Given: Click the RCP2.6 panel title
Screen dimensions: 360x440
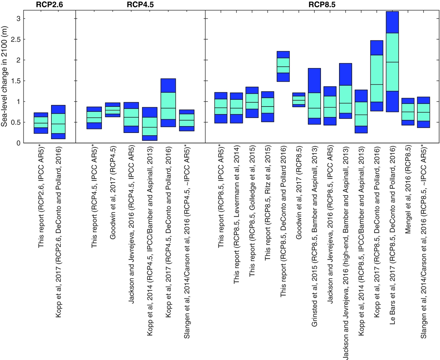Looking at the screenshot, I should click(50, 5).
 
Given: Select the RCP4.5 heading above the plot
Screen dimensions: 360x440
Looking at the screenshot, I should click(140, 5).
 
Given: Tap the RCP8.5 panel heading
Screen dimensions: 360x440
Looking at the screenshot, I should click(322, 5).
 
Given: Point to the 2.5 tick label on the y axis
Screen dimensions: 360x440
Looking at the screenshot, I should click(16, 39).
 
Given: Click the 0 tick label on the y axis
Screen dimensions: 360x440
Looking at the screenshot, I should click(19, 143).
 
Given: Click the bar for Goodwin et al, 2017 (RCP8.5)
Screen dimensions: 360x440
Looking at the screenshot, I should click(299, 100).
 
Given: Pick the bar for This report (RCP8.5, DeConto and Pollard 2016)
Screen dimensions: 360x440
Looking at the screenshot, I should click(283, 66).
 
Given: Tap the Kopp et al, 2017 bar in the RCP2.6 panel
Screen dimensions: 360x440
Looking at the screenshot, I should click(58, 122).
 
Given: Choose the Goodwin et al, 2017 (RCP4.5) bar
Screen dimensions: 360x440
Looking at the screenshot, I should click(113, 110).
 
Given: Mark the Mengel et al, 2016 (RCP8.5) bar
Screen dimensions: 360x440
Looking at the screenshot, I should click(408, 112).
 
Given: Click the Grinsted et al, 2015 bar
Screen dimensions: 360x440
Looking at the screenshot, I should click(314, 96).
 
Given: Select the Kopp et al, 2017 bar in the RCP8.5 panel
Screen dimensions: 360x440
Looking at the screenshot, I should click(377, 76).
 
